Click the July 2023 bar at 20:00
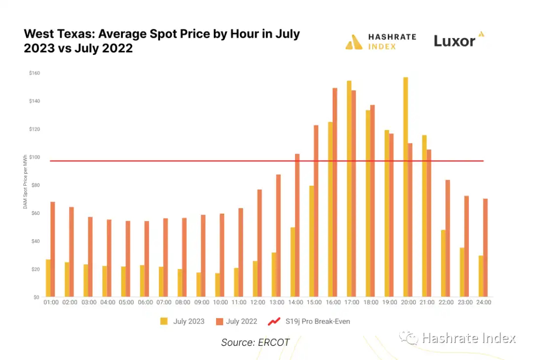click(406, 187)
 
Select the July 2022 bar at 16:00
click(335, 193)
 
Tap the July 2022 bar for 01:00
click(53, 249)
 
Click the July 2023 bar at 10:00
click(217, 285)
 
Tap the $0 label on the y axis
click(36, 297)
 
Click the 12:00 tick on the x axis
click(258, 302)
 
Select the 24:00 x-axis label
click(483, 302)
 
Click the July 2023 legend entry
click(183, 321)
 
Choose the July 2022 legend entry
click(236, 321)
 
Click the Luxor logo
click(458, 40)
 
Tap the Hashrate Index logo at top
click(381, 42)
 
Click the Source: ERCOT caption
click(255, 342)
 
